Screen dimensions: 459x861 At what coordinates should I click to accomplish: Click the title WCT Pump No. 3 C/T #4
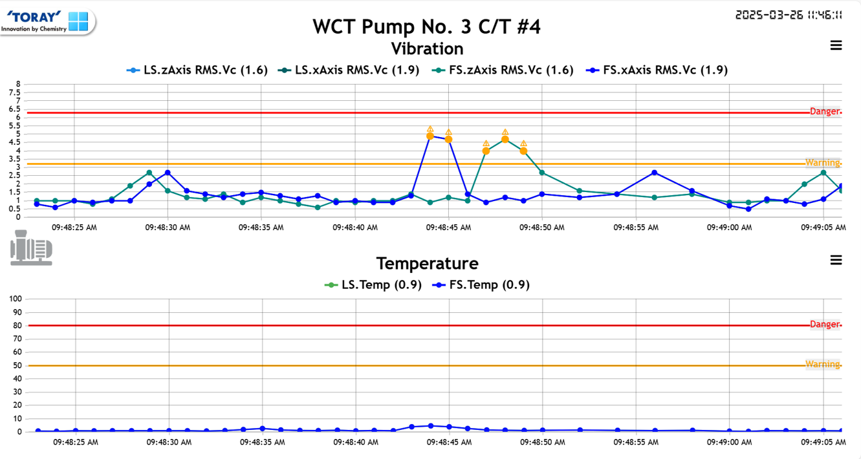(x=427, y=27)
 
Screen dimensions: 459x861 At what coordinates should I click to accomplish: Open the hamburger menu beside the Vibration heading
(x=836, y=45)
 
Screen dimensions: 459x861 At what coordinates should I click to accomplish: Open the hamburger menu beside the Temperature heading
(x=836, y=260)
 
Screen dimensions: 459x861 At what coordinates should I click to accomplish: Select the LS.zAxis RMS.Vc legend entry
(x=197, y=70)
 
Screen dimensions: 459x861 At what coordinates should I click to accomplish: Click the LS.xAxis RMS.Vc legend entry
(x=349, y=70)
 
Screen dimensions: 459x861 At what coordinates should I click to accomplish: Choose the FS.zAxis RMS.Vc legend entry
(x=502, y=70)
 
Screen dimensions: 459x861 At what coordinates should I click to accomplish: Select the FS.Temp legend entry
(x=481, y=284)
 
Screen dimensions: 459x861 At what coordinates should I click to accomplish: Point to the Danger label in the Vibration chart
(x=825, y=112)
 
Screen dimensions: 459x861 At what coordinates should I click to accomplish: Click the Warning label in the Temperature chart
(x=822, y=364)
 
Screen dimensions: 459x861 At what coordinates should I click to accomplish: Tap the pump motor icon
(x=31, y=251)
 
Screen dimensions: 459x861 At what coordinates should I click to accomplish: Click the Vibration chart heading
(x=427, y=48)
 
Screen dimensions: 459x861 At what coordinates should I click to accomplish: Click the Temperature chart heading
(x=427, y=263)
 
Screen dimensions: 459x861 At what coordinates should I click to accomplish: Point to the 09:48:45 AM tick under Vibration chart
(x=448, y=228)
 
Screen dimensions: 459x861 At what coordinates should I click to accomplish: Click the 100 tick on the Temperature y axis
(x=14, y=299)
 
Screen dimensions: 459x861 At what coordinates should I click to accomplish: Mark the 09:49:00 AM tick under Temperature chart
(x=729, y=442)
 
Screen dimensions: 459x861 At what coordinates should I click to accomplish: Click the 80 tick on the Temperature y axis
(x=16, y=326)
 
